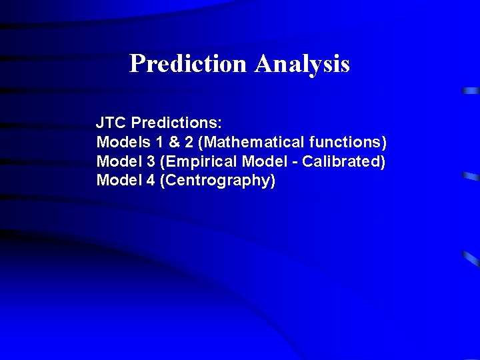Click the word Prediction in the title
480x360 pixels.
[x=188, y=64]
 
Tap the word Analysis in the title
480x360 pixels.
[x=302, y=64]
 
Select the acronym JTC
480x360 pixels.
[x=111, y=123]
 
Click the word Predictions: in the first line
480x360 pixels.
[x=177, y=123]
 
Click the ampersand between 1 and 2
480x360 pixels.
[x=169, y=143]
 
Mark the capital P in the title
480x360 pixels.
[x=137, y=64]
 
